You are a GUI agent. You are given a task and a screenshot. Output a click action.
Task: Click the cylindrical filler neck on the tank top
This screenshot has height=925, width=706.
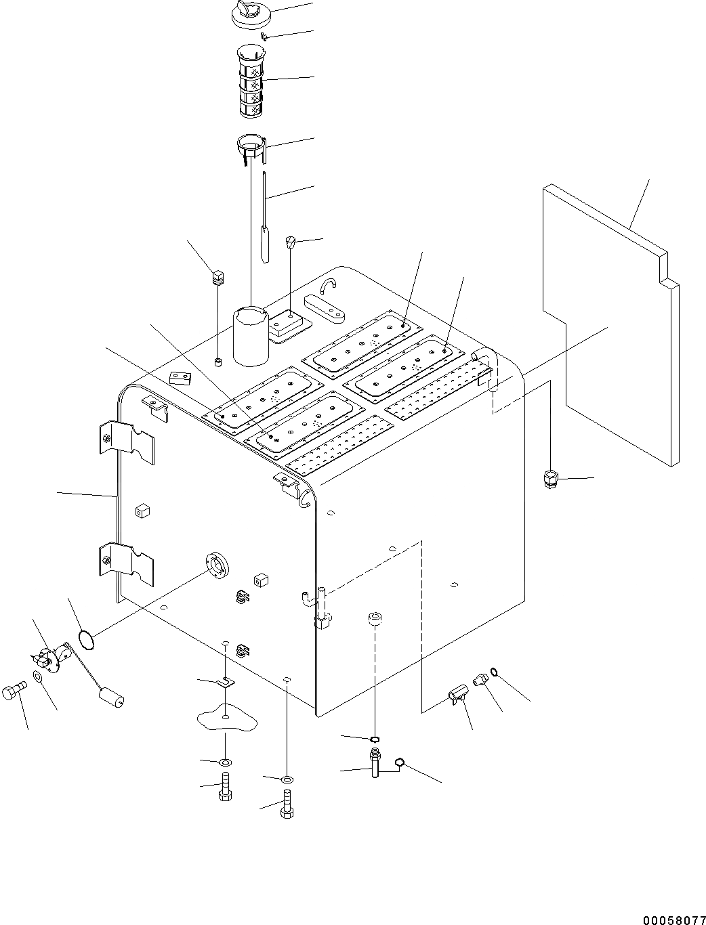click(252, 335)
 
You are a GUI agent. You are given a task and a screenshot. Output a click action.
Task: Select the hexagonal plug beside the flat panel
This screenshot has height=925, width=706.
click(549, 479)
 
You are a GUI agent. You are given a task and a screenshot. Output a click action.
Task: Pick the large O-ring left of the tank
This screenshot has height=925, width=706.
click(86, 639)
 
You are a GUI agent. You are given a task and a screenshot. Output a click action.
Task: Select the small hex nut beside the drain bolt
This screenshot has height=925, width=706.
click(399, 763)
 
